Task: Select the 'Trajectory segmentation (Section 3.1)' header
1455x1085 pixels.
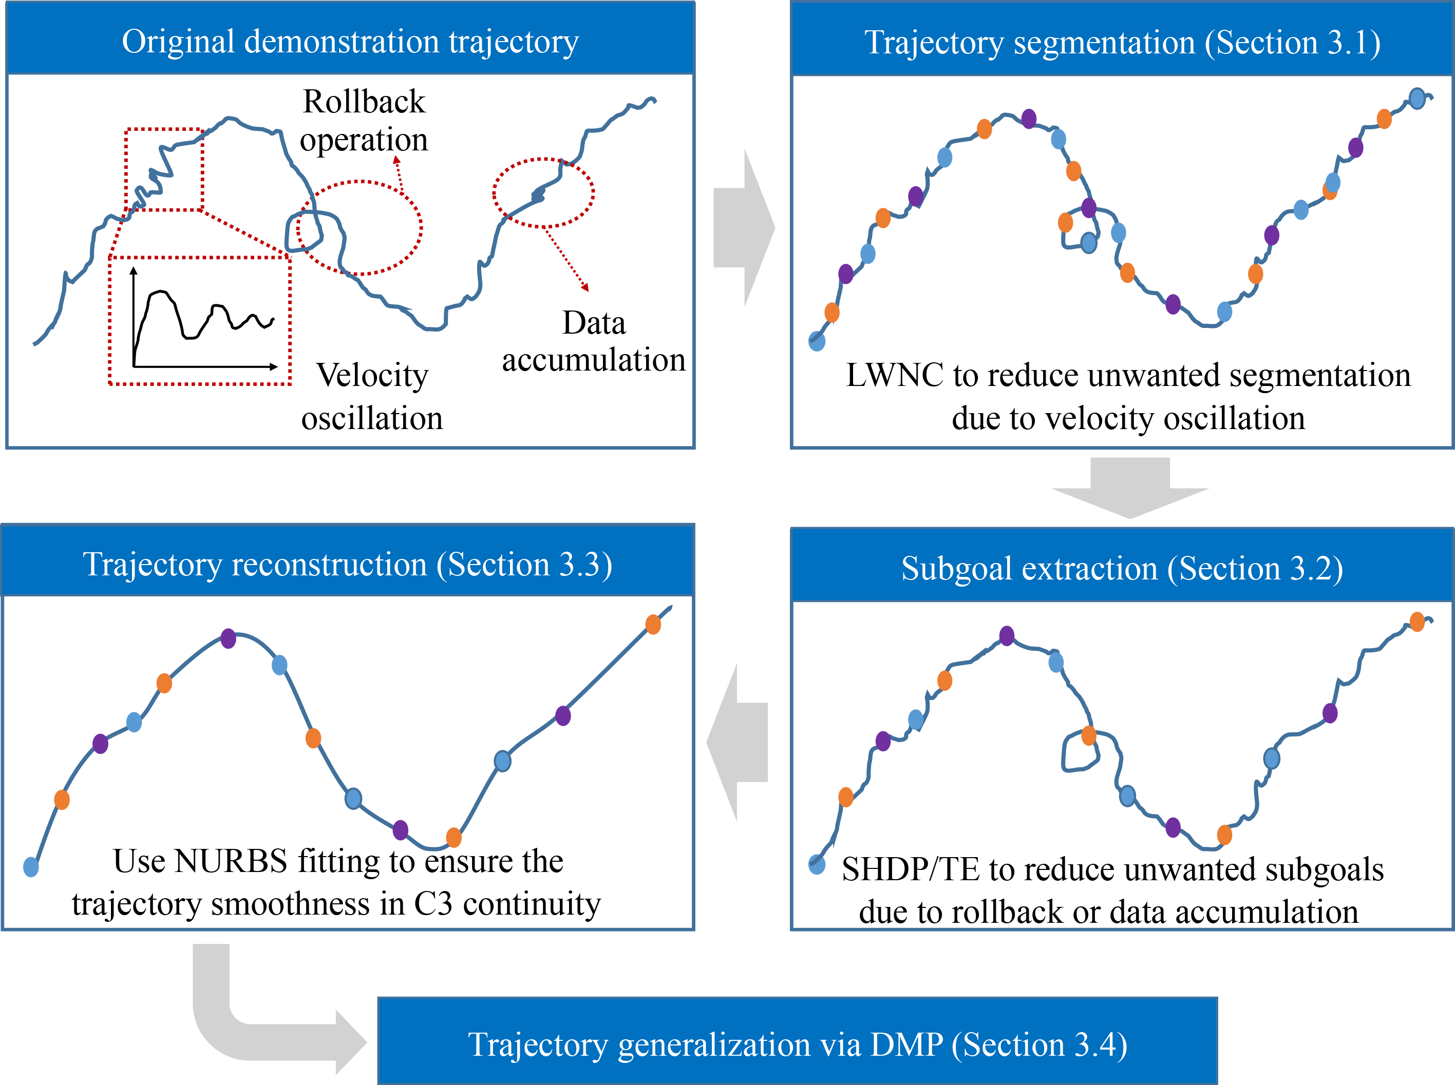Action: [1122, 42]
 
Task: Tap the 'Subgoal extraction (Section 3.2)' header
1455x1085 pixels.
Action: [1122, 568]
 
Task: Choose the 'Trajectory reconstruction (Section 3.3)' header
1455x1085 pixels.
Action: [348, 564]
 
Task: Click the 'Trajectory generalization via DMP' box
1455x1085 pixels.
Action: [797, 1043]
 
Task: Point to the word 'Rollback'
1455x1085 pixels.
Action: [364, 102]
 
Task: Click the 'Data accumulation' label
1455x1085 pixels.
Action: [593, 341]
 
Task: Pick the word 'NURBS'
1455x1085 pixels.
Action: [231, 861]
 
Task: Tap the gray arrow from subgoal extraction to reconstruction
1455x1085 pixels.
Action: [738, 742]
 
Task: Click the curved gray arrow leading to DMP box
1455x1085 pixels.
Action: [263, 1024]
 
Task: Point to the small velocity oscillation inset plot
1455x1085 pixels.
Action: [200, 320]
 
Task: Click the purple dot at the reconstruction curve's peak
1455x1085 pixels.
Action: [228, 638]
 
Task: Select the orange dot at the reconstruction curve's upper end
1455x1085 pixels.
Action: [653, 625]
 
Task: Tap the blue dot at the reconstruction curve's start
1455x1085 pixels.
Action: [31, 867]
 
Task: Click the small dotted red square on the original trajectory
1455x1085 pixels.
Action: [164, 169]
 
